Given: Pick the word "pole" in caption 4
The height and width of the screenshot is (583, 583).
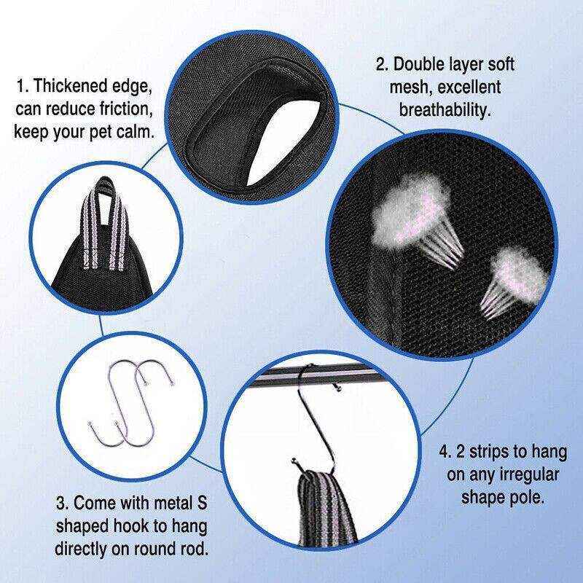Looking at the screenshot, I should tap(526, 501).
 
